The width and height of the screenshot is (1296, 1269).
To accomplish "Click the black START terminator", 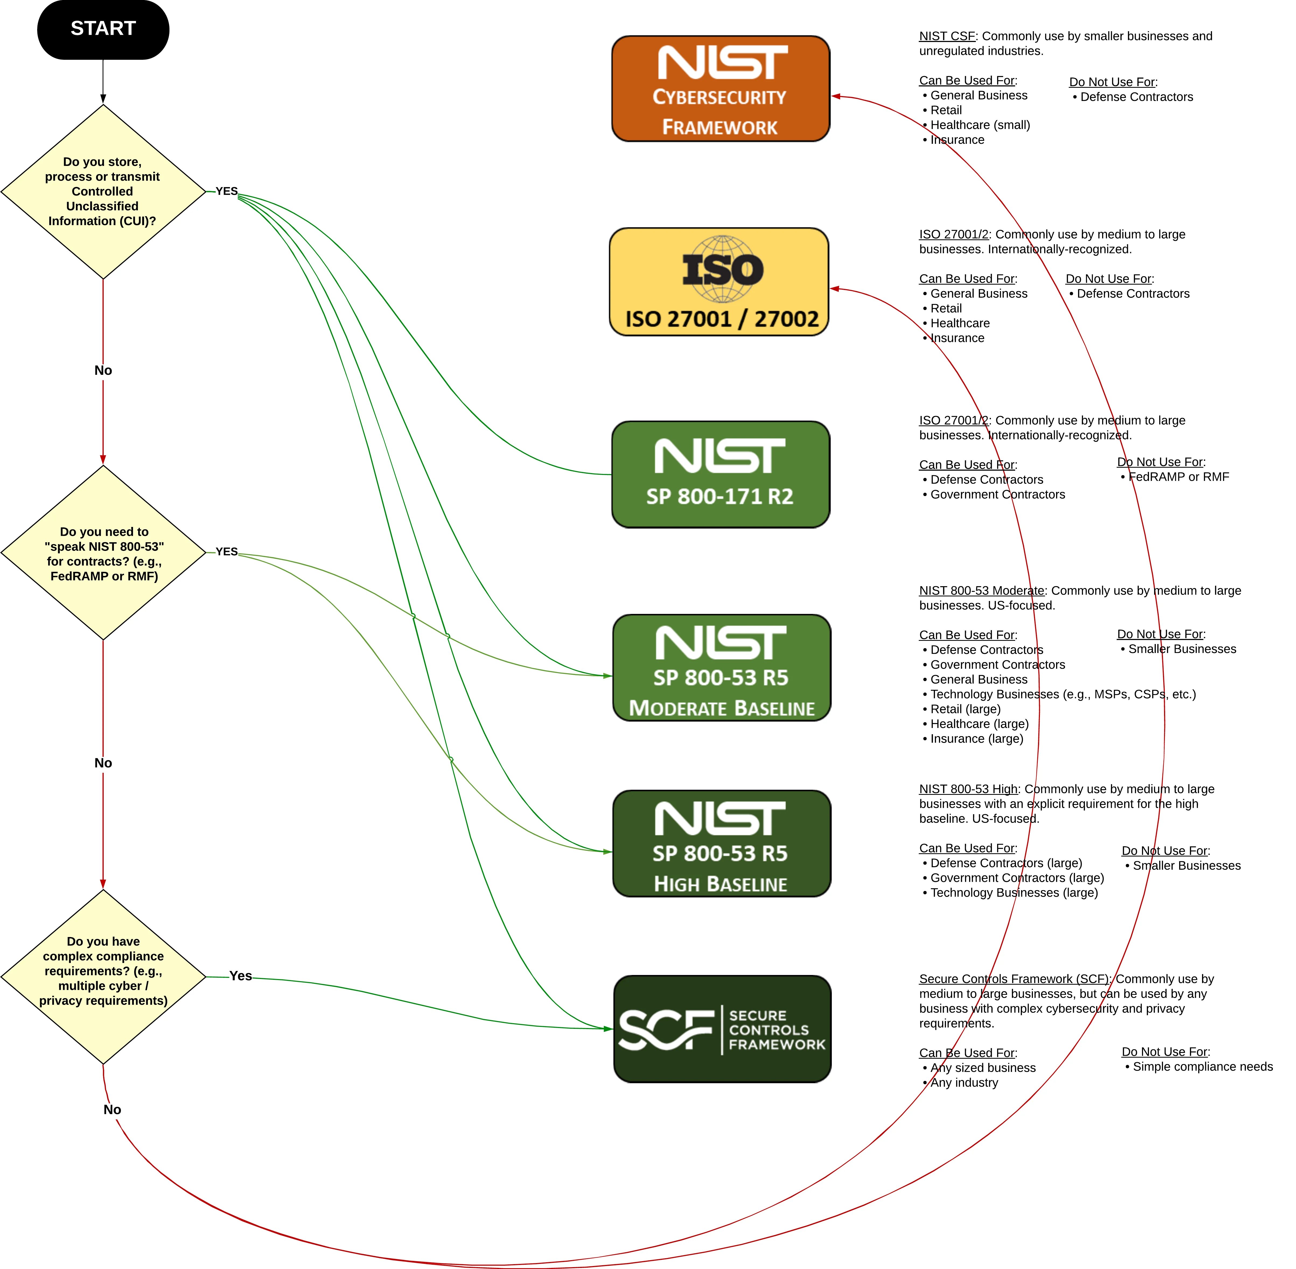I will pos(103,29).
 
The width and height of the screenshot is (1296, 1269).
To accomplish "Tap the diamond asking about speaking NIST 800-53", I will pos(103,553).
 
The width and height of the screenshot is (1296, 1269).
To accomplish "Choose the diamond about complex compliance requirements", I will pos(103,976).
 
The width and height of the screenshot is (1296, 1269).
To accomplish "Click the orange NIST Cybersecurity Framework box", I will pos(720,89).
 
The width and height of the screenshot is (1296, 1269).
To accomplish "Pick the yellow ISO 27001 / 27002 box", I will pos(719,282).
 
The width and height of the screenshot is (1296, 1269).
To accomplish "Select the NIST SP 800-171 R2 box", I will pos(720,474).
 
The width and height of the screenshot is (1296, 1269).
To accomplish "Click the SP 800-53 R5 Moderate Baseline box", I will pos(721,668).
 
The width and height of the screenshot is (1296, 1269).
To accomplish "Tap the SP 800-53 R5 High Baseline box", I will pos(721,844).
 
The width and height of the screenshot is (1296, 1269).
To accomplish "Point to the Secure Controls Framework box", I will pos(722,1029).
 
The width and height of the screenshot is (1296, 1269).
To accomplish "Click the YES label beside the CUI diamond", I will pos(227,191).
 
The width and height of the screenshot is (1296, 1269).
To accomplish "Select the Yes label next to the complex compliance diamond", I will pos(241,976).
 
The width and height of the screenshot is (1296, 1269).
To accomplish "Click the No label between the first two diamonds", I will pos(103,370).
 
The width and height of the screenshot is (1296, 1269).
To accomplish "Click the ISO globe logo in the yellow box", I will pos(723,269).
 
